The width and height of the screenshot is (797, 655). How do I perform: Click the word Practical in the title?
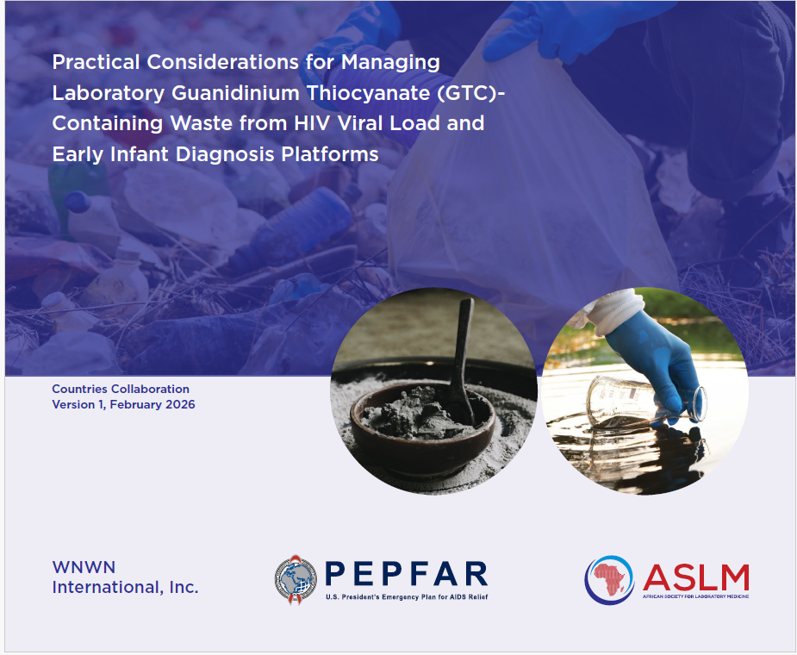pyautogui.click(x=94, y=63)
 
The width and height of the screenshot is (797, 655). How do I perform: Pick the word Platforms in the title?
pyautogui.click(x=332, y=154)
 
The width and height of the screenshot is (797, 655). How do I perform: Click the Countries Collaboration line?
pyautogui.click(x=121, y=390)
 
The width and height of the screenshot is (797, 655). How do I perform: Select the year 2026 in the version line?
pyautogui.click(x=177, y=405)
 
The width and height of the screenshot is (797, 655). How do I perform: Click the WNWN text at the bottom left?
pyautogui.click(x=84, y=567)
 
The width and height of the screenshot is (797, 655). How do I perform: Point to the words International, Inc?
pyautogui.click(x=125, y=588)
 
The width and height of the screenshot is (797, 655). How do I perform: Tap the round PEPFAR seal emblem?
pyautogui.click(x=296, y=579)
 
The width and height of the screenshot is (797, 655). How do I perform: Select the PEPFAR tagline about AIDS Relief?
pyautogui.click(x=407, y=596)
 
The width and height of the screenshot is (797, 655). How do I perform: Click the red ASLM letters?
pyautogui.click(x=696, y=575)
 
